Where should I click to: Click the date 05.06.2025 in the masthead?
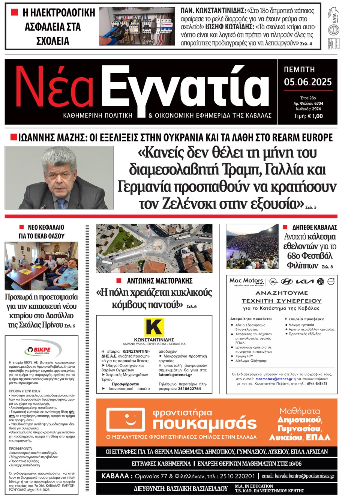(x=307, y=82)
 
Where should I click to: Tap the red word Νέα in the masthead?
(x=54, y=87)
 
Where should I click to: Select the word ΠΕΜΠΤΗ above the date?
(x=299, y=69)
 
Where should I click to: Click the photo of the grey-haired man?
(x=59, y=177)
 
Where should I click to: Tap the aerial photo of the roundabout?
(x=154, y=248)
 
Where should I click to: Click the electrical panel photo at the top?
(x=137, y=27)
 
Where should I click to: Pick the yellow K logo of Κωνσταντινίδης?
(x=154, y=327)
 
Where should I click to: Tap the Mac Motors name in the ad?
(x=246, y=281)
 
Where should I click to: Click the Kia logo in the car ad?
(x=304, y=281)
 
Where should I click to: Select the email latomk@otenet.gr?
(x=175, y=375)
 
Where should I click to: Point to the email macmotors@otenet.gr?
(x=274, y=379)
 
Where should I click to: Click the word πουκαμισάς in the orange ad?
(x=204, y=424)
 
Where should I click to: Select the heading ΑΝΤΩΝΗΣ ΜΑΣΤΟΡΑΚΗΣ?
(x=160, y=281)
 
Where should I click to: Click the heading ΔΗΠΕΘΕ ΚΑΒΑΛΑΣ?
(x=315, y=227)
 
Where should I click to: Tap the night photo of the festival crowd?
(x=252, y=246)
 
